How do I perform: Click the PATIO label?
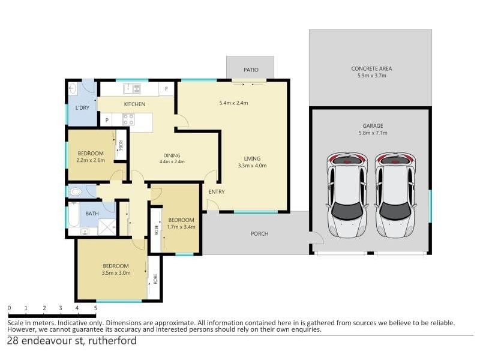pos(251,70)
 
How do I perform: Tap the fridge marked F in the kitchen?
pos(167,89)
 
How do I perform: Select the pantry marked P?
pos(107,120)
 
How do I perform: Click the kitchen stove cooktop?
pos(128,119)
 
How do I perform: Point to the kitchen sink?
pos(132,89)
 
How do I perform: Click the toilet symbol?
pos(75,192)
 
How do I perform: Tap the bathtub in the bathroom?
pos(74,214)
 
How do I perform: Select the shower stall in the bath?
pos(107,227)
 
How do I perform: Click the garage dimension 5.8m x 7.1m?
pos(373,133)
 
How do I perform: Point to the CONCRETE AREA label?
pos(371,68)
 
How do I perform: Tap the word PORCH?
pos(260,233)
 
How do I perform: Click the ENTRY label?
pos(217,191)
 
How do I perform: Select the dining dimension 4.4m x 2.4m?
pos(172,161)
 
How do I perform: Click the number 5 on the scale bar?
pos(95,308)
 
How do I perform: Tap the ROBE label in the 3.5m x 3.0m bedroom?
pos(155,279)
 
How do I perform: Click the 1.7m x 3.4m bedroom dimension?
pos(181,227)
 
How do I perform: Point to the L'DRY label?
pos(82,108)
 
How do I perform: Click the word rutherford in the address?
pos(112,341)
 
